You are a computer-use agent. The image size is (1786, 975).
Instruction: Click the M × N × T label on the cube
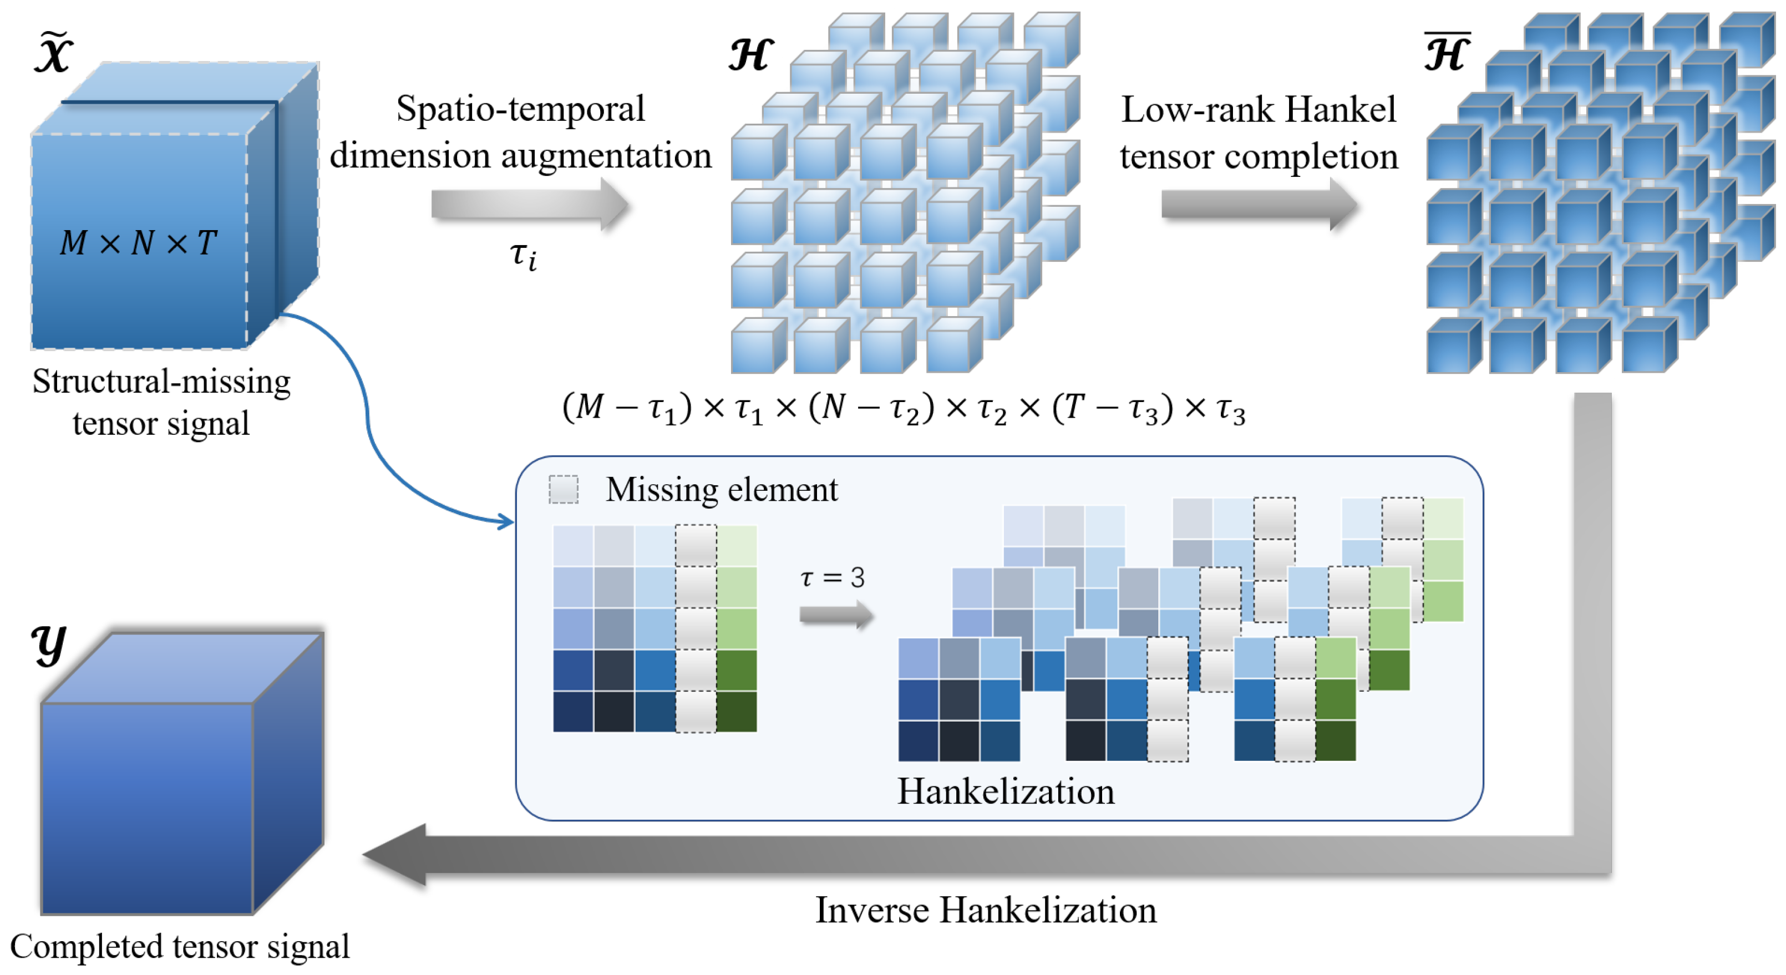[x=139, y=243]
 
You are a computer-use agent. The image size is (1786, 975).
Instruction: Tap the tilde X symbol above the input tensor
[x=53, y=53]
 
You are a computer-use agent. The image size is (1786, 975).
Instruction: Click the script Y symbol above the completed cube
[x=49, y=645]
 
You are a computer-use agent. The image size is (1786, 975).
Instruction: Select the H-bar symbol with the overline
[x=1447, y=53]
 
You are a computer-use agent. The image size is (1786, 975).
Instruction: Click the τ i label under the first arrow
[x=524, y=256]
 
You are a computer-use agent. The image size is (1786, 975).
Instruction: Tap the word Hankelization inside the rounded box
[x=1005, y=791]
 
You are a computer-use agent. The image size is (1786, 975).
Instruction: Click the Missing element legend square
[x=563, y=490]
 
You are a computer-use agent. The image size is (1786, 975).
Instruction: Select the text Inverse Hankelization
[x=985, y=910]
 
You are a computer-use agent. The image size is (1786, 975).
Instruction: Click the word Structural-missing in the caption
[x=161, y=382]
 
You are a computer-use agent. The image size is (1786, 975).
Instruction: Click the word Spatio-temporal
[x=520, y=109]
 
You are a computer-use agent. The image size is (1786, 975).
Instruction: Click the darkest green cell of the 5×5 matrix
[x=737, y=712]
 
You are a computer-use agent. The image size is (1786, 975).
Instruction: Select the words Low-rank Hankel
[x=1258, y=110]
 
